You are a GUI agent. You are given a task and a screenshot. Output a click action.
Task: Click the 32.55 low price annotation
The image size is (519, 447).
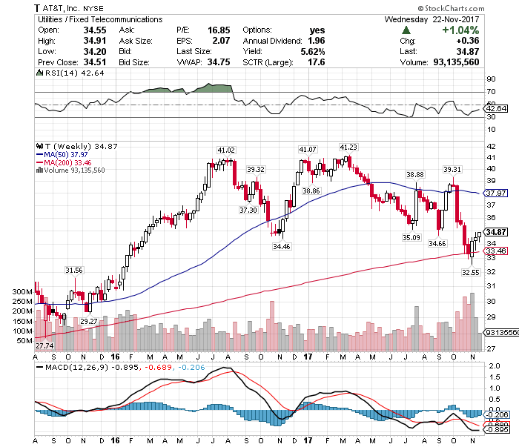471,272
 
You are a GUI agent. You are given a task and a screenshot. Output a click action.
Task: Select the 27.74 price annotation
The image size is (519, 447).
44,345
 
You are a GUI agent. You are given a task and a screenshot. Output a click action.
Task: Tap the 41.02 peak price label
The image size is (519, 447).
225,150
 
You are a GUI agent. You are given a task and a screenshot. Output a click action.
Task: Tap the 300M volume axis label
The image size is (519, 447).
22,291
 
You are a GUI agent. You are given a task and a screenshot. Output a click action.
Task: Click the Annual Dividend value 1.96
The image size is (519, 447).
316,41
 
